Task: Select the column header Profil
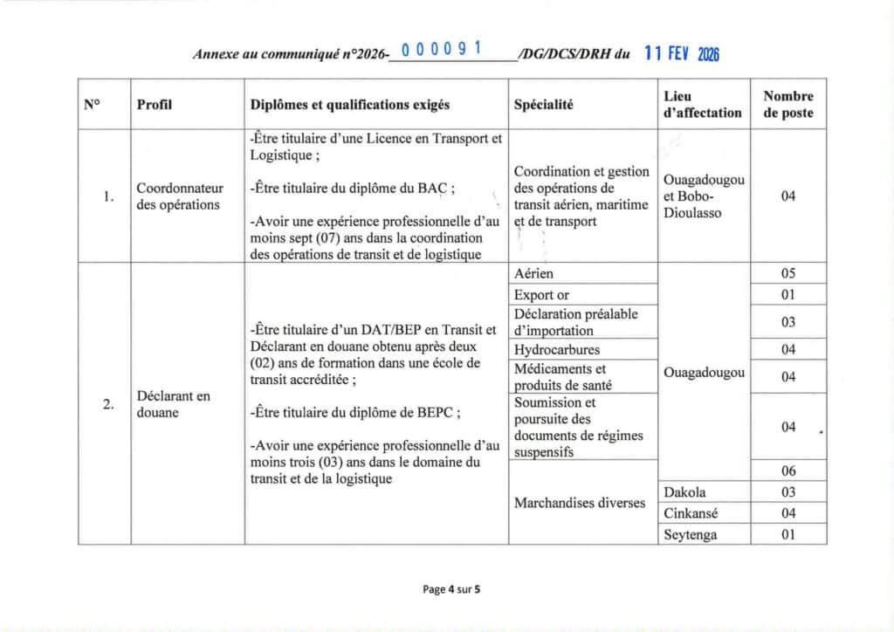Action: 155,105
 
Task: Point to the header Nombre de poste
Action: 787,104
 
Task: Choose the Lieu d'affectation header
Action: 703,104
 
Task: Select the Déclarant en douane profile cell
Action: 174,403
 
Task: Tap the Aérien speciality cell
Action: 534,274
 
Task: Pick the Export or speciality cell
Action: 541,295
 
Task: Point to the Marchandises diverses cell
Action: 580,503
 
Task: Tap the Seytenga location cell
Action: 691,534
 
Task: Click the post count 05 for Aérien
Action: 787,274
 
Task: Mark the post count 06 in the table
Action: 787,471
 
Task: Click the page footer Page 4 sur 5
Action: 451,589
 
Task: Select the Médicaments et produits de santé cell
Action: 560,377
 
